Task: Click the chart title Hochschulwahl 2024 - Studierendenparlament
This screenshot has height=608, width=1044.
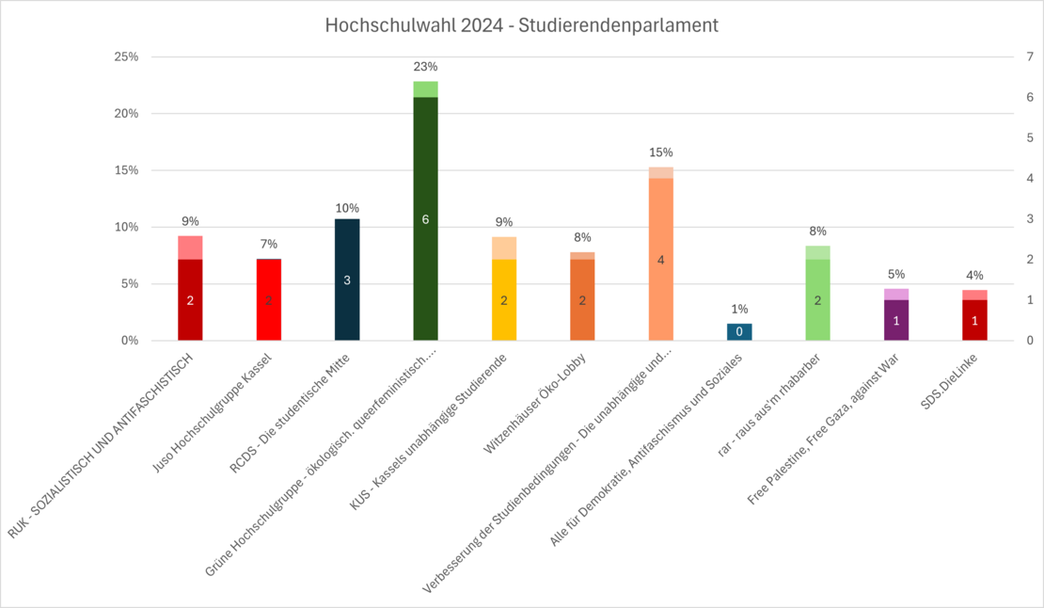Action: pyautogui.click(x=521, y=25)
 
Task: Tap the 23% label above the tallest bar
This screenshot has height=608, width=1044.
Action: pyautogui.click(x=425, y=67)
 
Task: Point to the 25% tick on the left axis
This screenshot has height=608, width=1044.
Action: pyautogui.click(x=125, y=57)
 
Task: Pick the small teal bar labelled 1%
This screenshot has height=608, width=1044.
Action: pyautogui.click(x=739, y=331)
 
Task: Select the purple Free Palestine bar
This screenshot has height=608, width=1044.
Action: pyautogui.click(x=896, y=316)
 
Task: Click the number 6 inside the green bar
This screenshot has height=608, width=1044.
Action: pyautogui.click(x=425, y=219)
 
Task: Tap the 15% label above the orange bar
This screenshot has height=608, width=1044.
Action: pyautogui.click(x=661, y=152)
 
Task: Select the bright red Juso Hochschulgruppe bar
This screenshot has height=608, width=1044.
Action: pyautogui.click(x=269, y=299)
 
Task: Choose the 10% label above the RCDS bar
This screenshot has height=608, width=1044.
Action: pyautogui.click(x=347, y=208)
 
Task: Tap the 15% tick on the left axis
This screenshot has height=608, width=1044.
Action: pyautogui.click(x=125, y=170)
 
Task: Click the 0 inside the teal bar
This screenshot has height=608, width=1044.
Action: pyautogui.click(x=739, y=332)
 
